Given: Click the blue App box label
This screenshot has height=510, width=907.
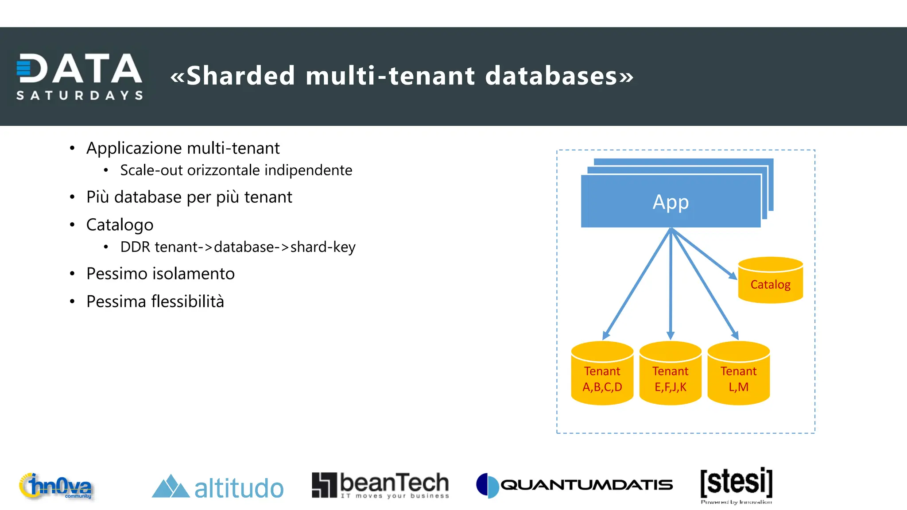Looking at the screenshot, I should (x=671, y=202).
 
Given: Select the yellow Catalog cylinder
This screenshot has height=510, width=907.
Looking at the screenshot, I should (x=770, y=281).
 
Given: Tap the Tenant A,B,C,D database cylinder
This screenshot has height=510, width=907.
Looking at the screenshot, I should (x=602, y=374).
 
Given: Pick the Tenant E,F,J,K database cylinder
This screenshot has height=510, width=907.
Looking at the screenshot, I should (x=671, y=374).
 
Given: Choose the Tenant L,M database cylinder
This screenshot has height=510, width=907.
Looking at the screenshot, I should (x=738, y=374).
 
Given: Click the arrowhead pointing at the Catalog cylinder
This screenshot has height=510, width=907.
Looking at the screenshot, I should (x=733, y=275).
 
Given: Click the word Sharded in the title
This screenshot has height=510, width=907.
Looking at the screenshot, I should (x=240, y=76).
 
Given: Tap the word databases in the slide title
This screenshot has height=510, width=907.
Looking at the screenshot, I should (x=551, y=76).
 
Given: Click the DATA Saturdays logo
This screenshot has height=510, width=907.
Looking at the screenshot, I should (x=80, y=76).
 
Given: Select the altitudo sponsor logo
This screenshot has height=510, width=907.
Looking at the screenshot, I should (x=217, y=487).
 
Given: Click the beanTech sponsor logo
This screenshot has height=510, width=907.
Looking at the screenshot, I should (x=380, y=485).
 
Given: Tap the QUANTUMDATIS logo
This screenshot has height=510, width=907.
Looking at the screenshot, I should (x=574, y=485).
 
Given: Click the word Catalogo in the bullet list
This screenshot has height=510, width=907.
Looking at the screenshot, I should (x=120, y=225).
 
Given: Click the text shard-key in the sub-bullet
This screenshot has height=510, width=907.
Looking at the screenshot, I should (x=323, y=247).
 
